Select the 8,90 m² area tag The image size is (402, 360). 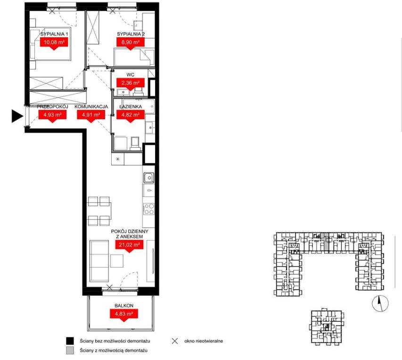pos(130,42)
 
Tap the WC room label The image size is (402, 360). pos(131,75)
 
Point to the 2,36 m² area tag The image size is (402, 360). pos(131,84)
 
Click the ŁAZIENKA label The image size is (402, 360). pos(131,107)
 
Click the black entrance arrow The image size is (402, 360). pos(17,116)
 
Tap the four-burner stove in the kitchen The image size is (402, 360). pos(149,209)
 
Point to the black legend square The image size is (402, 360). pos(70,341)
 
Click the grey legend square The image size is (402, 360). pos(70,351)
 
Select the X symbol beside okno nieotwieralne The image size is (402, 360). pos(175,341)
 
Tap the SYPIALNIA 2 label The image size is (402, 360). pos(131,34)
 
